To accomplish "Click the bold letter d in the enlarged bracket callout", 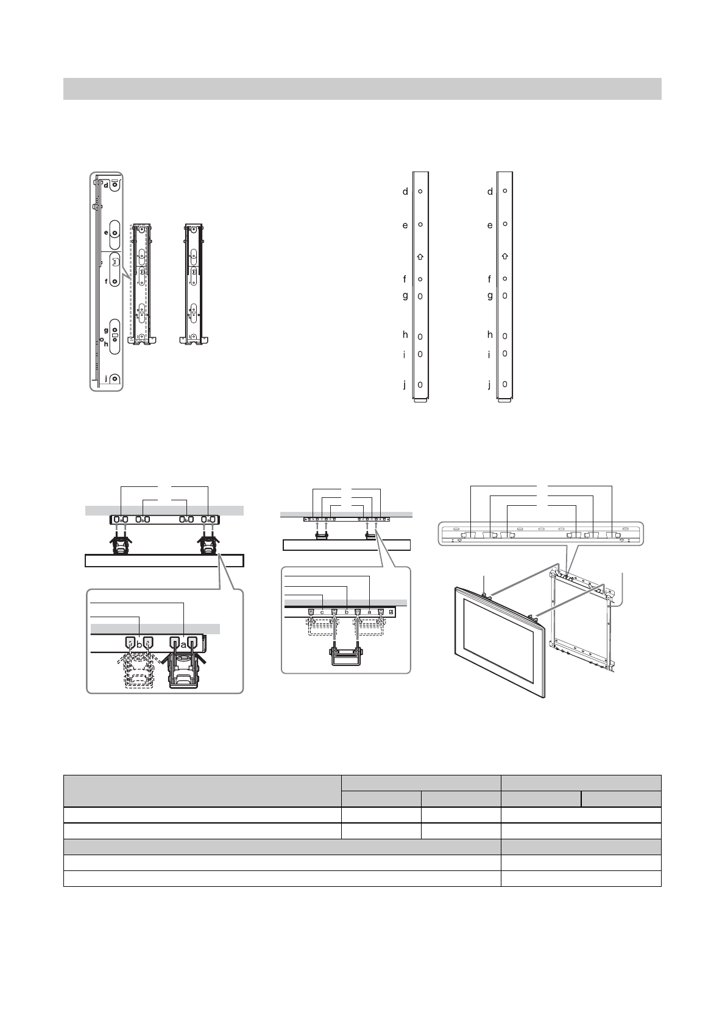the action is [x=106, y=185].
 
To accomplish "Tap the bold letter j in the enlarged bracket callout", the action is [x=106, y=379].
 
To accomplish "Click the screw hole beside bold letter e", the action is [x=115, y=233].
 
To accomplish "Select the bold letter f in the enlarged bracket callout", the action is [x=106, y=281].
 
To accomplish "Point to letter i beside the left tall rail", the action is [x=404, y=355].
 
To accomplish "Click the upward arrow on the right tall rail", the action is [x=504, y=256].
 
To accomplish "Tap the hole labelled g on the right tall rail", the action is [x=504, y=296].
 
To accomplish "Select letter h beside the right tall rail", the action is [x=490, y=335].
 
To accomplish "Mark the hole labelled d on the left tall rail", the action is [x=420, y=191].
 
